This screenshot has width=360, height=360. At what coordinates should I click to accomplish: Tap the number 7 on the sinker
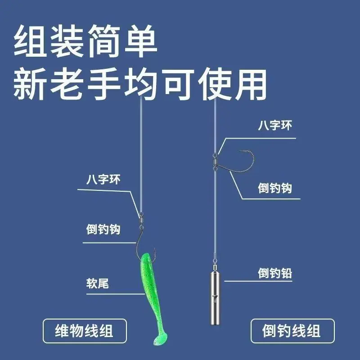[215, 299]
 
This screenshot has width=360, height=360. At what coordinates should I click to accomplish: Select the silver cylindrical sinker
[215, 298]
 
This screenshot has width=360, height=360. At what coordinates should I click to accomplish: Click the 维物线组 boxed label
[85, 331]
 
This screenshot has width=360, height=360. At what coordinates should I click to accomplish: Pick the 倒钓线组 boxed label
[292, 331]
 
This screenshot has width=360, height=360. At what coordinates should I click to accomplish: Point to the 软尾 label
[97, 283]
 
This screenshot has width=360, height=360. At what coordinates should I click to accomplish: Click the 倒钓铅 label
[275, 273]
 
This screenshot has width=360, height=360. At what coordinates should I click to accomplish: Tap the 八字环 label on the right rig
[275, 126]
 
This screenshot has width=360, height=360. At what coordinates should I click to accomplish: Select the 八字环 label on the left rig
[103, 179]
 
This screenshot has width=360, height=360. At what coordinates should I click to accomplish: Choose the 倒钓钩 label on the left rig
[103, 229]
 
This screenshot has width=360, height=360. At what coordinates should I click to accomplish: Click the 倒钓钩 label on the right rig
[275, 188]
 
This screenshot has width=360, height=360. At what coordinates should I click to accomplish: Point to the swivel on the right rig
[215, 162]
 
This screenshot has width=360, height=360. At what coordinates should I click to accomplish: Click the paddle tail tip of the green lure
[160, 339]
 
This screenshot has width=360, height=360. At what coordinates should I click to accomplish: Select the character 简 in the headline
[104, 41]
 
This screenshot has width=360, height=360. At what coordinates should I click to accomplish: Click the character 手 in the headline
[104, 84]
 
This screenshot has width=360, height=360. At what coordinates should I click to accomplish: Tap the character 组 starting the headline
[30, 41]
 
